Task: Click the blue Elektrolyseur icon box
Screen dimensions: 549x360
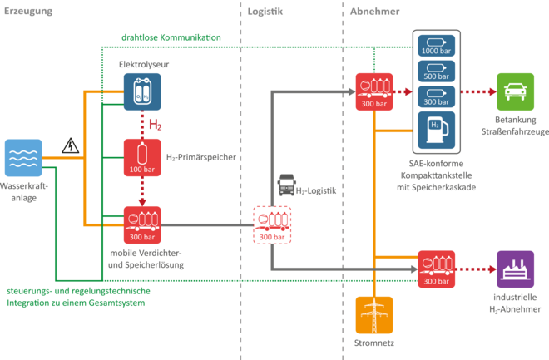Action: click(x=142, y=91)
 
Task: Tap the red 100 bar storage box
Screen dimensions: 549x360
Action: click(x=142, y=157)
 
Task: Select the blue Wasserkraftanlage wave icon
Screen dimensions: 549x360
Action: click(x=23, y=158)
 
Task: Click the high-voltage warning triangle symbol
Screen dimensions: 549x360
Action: click(x=71, y=145)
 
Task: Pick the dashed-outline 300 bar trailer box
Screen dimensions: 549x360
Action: click(x=272, y=225)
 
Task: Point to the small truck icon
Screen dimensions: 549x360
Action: click(x=286, y=185)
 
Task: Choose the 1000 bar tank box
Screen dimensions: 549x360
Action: click(x=436, y=46)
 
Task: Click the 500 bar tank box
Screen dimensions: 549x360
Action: click(x=436, y=71)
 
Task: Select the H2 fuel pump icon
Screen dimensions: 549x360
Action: click(x=436, y=131)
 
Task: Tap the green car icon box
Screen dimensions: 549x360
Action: click(x=516, y=91)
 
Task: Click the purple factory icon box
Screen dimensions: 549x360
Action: click(x=516, y=269)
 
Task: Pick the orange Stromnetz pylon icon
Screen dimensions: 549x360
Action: click(x=374, y=315)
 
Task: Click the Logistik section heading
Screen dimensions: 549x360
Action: click(x=265, y=12)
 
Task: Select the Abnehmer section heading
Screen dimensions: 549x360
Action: click(x=374, y=12)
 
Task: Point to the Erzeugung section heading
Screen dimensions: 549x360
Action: click(x=28, y=11)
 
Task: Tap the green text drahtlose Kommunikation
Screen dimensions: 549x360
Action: click(x=171, y=37)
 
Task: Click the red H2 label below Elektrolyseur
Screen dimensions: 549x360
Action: click(x=155, y=125)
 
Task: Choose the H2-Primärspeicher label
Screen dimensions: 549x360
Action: click(x=201, y=157)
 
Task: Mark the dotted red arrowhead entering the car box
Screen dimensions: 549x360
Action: click(x=493, y=91)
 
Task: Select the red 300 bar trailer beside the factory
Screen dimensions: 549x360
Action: click(x=436, y=269)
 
